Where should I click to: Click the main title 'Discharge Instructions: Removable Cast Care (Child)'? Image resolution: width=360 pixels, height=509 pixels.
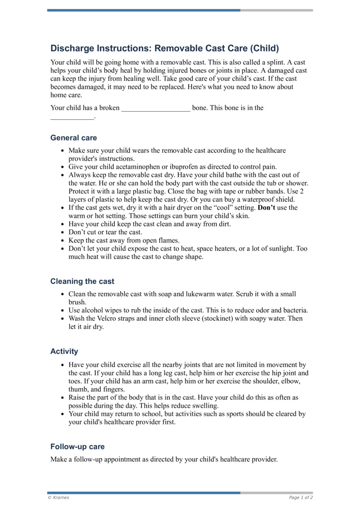coord(165,48)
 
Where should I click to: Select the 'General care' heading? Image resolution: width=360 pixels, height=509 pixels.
coord(73,138)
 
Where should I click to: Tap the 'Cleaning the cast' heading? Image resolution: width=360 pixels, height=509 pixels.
coord(82,281)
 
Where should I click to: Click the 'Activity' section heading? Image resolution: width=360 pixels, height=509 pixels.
coord(64,351)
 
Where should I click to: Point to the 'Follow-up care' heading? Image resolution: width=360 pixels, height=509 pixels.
coord(77,447)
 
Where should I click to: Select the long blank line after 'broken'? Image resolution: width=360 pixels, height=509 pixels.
coord(156,108)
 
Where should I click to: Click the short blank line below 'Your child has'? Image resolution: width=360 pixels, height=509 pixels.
coord(72,117)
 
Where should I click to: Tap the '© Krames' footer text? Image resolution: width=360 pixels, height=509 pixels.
coord(58,498)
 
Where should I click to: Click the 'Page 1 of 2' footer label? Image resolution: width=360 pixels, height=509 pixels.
coord(301,498)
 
